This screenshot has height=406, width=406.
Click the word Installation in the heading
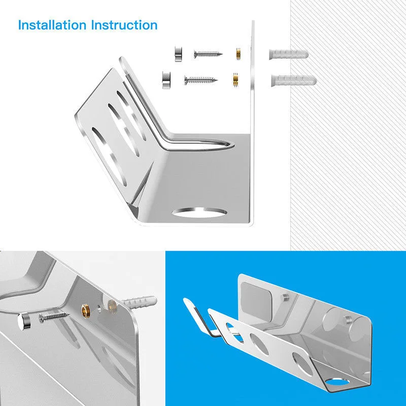click(52, 25)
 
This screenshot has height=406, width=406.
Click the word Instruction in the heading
click(124, 25)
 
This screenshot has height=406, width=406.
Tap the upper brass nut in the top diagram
click(237, 53)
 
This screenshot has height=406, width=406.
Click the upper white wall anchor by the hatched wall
click(287, 54)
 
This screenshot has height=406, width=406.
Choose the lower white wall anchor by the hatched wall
click(294, 80)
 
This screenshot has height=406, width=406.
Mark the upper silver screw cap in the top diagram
click(178, 52)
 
